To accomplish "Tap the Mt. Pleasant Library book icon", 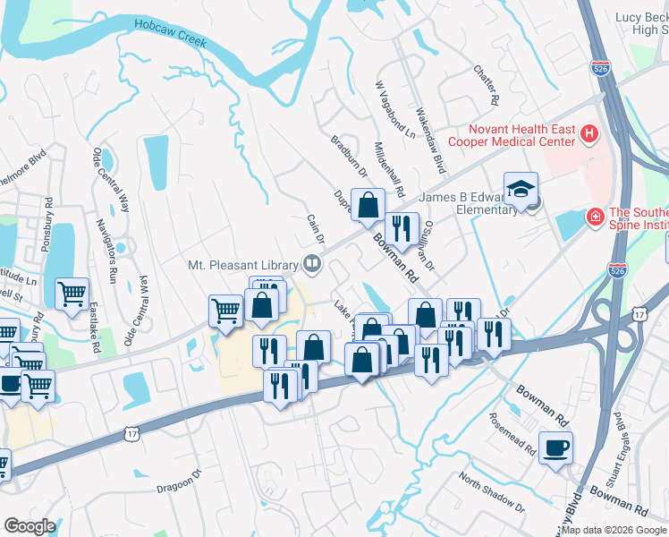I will click(312, 263).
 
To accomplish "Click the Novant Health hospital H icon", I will click(589, 134).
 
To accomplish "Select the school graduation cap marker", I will click(521, 190).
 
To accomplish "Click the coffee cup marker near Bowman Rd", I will click(555, 447).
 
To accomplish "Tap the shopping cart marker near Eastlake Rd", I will click(72, 293).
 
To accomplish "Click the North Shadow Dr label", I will click(489, 490).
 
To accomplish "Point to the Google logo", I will click(30, 526).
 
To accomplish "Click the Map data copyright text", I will click(613, 530).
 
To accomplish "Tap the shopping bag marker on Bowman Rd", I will click(368, 206).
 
